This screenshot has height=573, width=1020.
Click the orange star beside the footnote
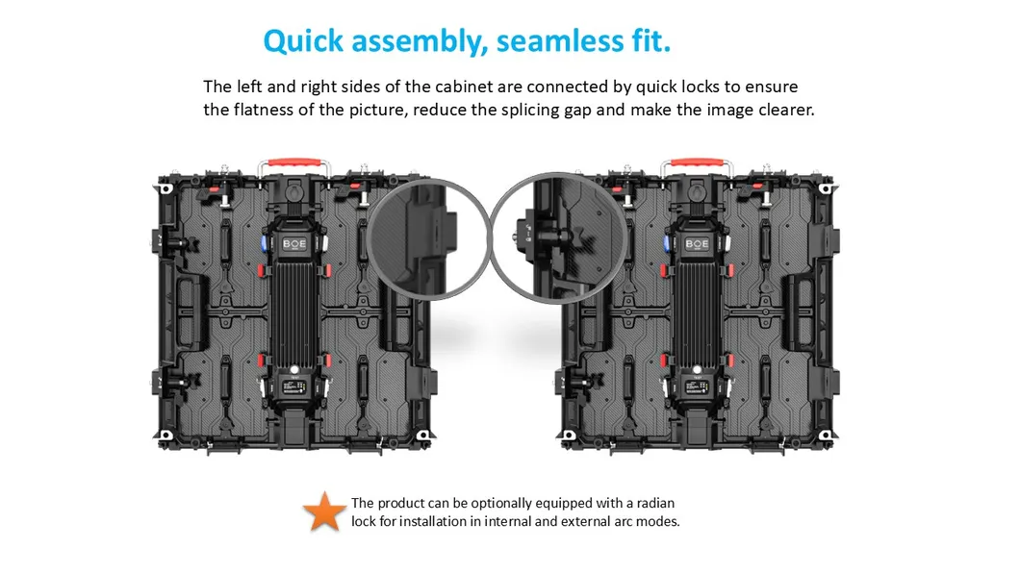click(x=325, y=511)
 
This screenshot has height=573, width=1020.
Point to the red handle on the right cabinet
click(x=697, y=163)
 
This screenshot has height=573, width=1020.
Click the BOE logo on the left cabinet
click(x=293, y=244)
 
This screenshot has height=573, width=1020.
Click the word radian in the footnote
click(x=665, y=503)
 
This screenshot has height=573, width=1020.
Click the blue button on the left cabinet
click(x=259, y=241)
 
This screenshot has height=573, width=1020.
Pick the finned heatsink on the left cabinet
click(x=293, y=309)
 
